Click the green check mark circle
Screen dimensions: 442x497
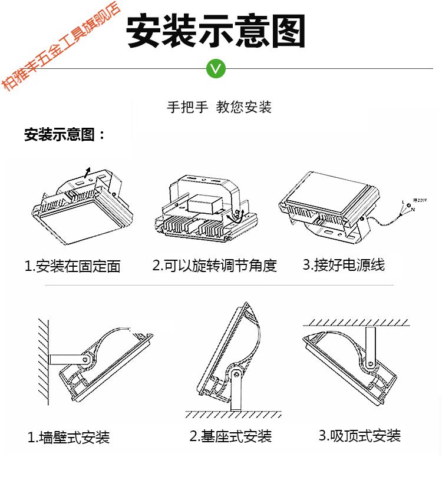tap(216, 68)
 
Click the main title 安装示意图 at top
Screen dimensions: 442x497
tap(216, 31)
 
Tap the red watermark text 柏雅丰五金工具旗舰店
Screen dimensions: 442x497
tap(60, 46)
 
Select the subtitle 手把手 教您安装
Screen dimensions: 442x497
tap(219, 107)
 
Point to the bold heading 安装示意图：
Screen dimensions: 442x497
tap(64, 134)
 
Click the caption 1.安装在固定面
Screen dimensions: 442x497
tap(72, 266)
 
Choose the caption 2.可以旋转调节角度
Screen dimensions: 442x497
tap(215, 266)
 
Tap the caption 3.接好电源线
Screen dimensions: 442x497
tap(344, 264)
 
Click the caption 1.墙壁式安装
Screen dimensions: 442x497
tap(68, 438)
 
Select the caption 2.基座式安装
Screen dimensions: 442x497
tap(230, 436)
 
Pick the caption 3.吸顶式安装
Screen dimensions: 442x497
tap(360, 436)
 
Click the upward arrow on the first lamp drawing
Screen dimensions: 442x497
tap(87, 173)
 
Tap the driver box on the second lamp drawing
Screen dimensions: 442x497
tap(205, 205)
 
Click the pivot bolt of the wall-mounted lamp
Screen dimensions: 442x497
tap(85, 359)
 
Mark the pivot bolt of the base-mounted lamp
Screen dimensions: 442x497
tap(236, 375)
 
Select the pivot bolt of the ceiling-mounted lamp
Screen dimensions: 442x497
tap(370, 363)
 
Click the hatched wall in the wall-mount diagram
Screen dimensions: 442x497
tap(44, 362)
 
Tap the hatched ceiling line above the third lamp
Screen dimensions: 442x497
tap(357, 323)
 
